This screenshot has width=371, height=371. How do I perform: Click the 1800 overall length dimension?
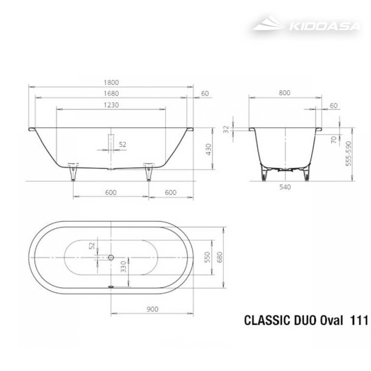click(x=111, y=82)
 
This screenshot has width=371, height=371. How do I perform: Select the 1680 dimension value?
click(x=111, y=93)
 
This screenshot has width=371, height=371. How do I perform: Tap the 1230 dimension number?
click(x=111, y=105)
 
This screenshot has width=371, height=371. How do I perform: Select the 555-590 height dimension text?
click(x=348, y=153)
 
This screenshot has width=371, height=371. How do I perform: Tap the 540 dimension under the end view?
click(x=285, y=187)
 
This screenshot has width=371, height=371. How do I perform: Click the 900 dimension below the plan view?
click(x=152, y=309)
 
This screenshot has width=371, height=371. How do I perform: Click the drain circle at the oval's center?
click(x=111, y=257)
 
